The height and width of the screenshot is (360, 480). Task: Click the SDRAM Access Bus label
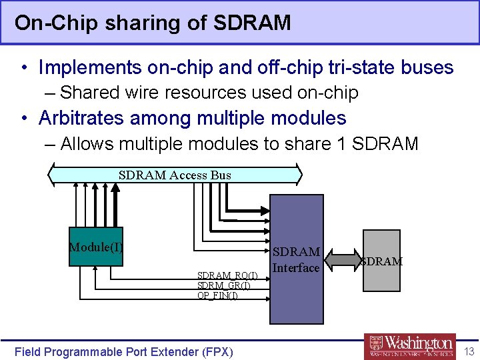[175, 175]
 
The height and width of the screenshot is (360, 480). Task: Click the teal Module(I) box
[97, 247]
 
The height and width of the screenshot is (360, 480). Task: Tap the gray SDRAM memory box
[382, 261]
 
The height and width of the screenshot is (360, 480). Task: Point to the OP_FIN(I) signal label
[217, 295]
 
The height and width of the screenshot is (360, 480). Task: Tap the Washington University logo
[410, 346]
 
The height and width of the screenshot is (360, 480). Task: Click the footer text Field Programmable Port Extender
[123, 351]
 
